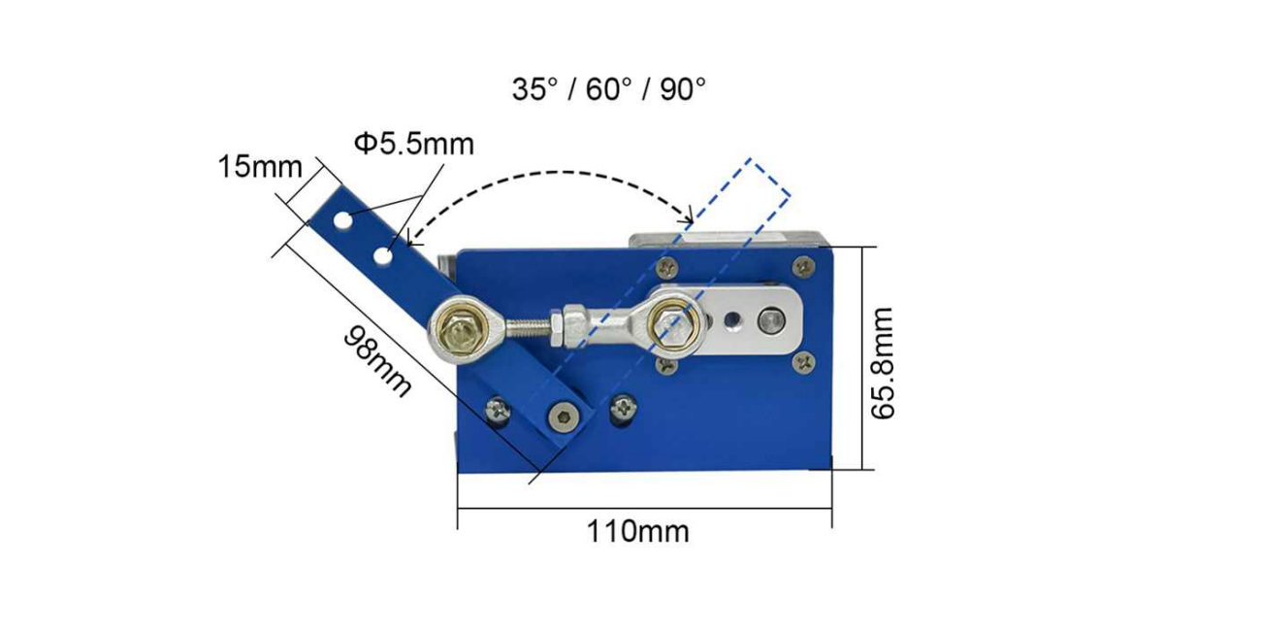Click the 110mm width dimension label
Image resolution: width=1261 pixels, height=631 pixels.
(x=638, y=531)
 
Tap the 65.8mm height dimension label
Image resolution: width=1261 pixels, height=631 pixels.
(x=882, y=363)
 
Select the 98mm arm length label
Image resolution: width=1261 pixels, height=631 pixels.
(x=377, y=360)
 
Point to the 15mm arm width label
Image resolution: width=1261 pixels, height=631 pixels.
(x=260, y=167)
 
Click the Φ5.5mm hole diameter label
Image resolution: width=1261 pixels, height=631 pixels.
(x=414, y=144)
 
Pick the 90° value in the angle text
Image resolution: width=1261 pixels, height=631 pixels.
(x=683, y=89)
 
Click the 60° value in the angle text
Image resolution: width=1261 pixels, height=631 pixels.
(x=609, y=89)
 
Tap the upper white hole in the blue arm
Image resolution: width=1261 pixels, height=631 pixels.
(x=342, y=220)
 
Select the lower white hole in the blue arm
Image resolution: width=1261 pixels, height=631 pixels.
(x=384, y=256)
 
